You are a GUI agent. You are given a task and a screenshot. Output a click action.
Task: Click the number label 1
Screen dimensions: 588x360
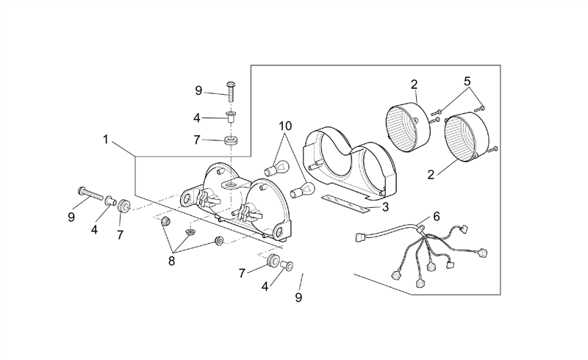(x=106, y=140)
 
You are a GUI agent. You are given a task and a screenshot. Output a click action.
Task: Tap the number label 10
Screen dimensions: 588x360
(x=285, y=126)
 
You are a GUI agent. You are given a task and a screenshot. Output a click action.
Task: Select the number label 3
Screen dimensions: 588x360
(x=385, y=207)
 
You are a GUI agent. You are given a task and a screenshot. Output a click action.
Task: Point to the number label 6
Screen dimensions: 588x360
(x=436, y=217)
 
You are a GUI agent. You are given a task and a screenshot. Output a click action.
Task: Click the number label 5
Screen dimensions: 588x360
(x=467, y=81)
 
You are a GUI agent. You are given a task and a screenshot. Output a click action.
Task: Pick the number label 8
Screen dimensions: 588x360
(x=171, y=262)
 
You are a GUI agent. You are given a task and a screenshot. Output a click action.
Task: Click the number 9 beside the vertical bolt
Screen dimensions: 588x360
(x=198, y=90)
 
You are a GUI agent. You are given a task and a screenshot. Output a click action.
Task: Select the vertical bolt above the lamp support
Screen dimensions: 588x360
(x=230, y=92)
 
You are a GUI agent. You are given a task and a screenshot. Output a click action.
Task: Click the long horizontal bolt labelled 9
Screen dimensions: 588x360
(x=90, y=194)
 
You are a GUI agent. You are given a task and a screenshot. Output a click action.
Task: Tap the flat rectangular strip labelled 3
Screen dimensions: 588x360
(x=345, y=204)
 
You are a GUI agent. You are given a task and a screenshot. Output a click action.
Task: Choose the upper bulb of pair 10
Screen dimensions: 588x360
(x=277, y=168)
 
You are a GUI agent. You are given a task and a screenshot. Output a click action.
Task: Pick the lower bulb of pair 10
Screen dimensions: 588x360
(x=303, y=189)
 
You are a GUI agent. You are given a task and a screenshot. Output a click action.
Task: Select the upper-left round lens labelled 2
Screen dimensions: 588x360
(x=408, y=127)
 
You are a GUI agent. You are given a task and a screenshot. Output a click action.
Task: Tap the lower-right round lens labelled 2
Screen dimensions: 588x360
(x=467, y=137)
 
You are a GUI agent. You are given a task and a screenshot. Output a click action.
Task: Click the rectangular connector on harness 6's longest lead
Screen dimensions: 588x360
(x=361, y=238)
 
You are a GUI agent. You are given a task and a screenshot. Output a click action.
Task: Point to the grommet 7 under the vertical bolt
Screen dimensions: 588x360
(x=231, y=141)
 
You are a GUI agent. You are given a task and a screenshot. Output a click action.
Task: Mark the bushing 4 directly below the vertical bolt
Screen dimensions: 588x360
(x=231, y=116)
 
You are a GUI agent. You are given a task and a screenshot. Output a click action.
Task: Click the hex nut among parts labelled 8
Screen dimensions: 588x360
(x=165, y=221)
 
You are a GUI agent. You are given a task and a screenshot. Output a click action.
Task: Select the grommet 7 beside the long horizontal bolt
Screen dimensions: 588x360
(x=123, y=206)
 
